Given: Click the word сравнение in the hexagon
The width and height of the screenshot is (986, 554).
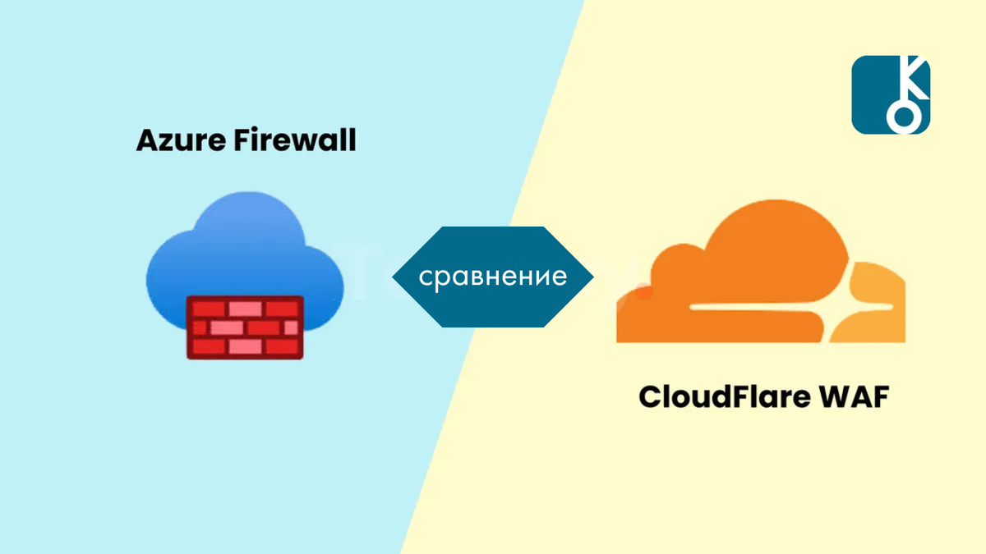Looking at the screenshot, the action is pos(492,276).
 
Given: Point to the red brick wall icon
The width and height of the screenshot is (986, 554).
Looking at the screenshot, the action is pos(244,327).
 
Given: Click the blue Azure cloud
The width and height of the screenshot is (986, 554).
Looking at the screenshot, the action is pos(238,246).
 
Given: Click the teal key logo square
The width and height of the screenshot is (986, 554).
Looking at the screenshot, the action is pos(891,94).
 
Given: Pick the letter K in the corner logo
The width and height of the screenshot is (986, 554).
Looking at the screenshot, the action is pos(912,78).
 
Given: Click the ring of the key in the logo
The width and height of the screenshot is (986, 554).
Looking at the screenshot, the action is pos(904,117).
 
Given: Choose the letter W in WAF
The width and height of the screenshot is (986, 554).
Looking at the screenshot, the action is pos(824,398).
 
